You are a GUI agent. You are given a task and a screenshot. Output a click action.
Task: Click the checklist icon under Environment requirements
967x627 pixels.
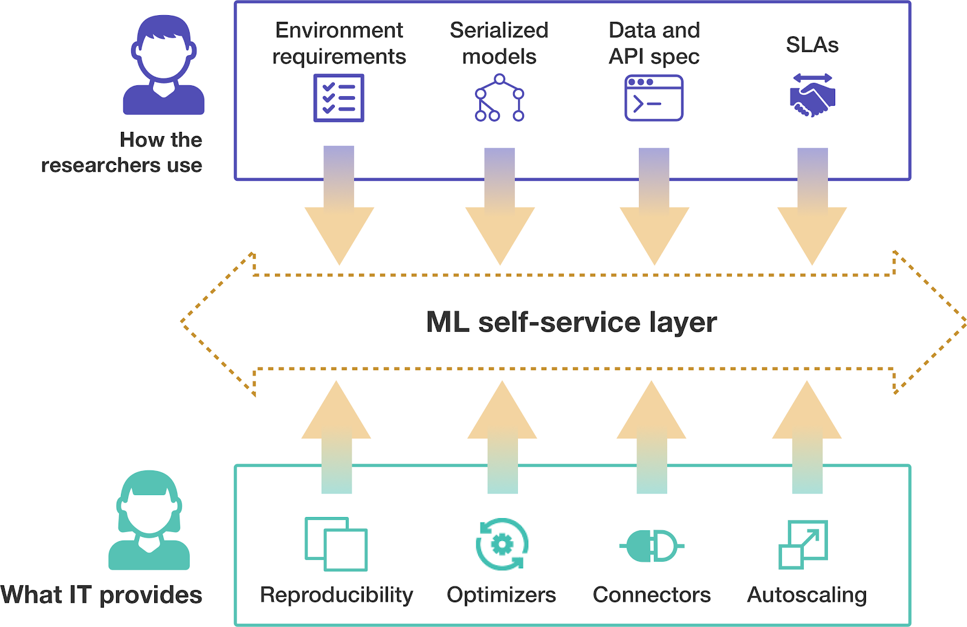coord(338,98)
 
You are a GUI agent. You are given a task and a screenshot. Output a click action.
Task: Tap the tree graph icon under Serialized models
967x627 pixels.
coord(499,98)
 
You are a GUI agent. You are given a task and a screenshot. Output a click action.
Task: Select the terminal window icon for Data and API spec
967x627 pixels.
coord(653,98)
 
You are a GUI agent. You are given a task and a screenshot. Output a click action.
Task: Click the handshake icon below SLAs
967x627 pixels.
coord(812,96)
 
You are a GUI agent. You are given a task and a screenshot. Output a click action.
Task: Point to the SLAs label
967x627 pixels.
coord(812,45)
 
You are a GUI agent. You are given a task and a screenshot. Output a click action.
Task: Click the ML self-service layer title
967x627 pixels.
coord(571,322)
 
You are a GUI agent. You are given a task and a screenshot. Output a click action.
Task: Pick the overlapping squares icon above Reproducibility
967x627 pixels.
coord(336,544)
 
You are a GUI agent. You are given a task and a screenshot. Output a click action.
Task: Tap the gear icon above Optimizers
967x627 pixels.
coord(502,544)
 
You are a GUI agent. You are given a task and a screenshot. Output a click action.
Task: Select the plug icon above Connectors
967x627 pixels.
coord(652,546)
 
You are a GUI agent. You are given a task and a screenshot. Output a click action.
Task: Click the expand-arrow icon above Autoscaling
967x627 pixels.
coord(803,544)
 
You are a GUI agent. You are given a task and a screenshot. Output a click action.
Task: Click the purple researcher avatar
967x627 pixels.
coord(164,65)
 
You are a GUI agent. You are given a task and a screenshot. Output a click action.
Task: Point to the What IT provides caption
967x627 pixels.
coord(102,595)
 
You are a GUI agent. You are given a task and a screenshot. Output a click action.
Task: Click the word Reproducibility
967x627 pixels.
coord(336,595)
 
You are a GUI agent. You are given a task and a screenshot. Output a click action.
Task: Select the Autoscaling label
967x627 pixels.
coord(807,595)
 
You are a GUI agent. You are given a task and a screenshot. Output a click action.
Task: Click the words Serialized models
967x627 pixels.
coord(499,43)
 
